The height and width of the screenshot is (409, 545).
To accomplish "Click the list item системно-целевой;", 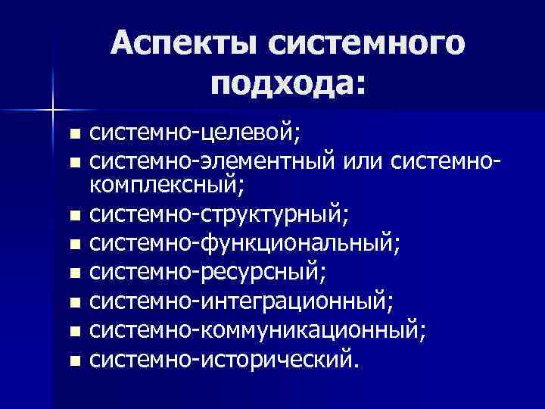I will pos(195,134).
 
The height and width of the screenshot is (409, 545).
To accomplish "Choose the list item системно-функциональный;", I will pos(245,244).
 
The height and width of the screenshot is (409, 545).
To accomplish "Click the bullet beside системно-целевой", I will pos(72,136).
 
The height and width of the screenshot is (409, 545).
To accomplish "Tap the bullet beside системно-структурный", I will pos(72,217).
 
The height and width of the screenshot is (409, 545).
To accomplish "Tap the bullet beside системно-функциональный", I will pos(72,245).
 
